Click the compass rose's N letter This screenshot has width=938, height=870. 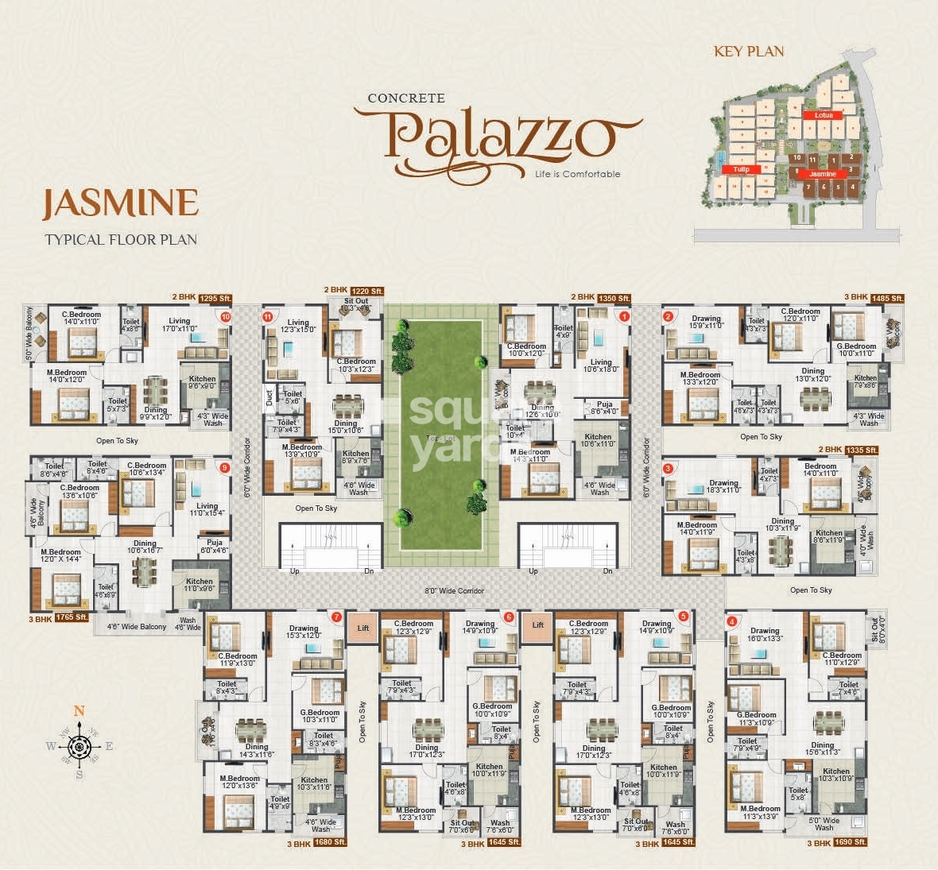point(79,711)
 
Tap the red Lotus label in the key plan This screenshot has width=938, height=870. point(823,115)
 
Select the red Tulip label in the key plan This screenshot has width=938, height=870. point(741,169)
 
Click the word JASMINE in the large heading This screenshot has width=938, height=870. point(120,203)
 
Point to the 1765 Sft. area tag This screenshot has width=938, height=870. point(71,617)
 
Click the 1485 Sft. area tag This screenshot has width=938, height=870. point(886,298)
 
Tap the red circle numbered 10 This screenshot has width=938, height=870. point(226,316)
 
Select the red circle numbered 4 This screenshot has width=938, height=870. point(732,621)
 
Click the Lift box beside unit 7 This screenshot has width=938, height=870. point(363,628)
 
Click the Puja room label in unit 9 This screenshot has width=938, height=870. point(214,546)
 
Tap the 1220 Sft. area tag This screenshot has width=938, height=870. point(366,291)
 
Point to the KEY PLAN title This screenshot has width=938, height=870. point(749,52)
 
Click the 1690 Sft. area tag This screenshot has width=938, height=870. point(848,842)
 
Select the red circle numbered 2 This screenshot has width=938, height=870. point(669,316)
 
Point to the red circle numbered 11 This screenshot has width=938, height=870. point(268,316)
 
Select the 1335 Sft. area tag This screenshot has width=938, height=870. point(861,450)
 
